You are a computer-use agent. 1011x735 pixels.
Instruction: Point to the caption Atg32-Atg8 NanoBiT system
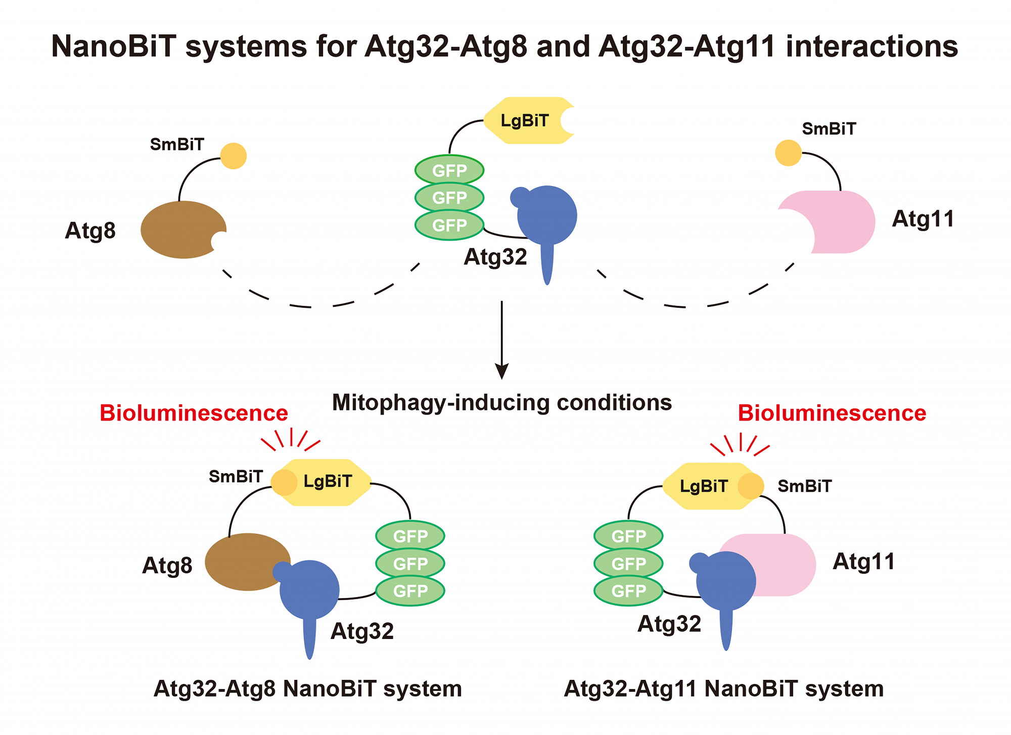coord(307,688)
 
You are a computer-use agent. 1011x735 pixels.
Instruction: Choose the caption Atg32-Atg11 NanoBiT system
coord(723,688)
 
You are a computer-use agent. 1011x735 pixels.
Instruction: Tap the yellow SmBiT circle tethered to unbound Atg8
coord(234,156)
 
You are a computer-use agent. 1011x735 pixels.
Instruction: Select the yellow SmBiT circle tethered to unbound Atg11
coord(788,153)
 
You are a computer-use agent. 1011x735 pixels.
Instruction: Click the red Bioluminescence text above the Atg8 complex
coord(194,413)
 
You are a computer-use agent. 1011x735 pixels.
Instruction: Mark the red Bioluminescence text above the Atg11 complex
coord(832,413)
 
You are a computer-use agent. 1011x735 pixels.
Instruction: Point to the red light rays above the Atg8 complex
coord(291,439)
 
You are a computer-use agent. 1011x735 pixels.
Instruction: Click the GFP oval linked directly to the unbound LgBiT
coord(449,170)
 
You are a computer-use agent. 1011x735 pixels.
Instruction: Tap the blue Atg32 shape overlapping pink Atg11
coord(726,581)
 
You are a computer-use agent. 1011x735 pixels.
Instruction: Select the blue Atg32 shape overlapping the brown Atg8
coord(309,590)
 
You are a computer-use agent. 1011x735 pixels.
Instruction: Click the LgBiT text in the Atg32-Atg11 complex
coord(704,486)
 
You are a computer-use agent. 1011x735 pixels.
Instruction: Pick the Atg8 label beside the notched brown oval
coord(90,231)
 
